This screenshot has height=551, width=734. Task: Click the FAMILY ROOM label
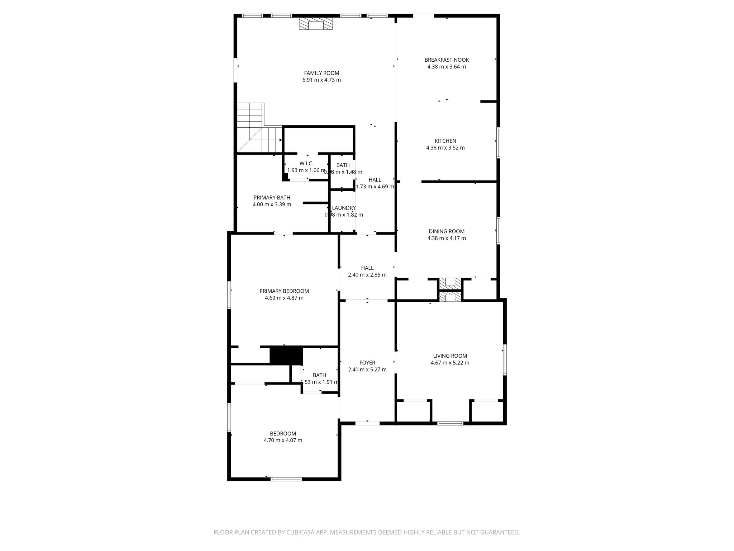(321, 73)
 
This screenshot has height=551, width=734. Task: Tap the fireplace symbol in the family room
(316, 24)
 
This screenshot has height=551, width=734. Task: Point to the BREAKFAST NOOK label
(447, 60)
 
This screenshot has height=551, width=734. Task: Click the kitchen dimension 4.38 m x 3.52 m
(445, 148)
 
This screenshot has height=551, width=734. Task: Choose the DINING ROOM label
(447, 231)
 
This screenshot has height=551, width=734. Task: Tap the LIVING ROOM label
(450, 356)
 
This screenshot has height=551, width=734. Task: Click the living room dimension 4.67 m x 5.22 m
(450, 363)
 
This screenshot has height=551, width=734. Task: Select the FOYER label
(367, 363)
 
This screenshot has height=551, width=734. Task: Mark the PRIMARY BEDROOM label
(284, 291)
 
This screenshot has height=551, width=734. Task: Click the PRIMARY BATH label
(272, 198)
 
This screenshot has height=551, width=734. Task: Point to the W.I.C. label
(306, 164)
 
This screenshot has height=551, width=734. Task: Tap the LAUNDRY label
(343, 208)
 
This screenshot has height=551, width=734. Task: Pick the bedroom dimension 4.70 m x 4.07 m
(283, 440)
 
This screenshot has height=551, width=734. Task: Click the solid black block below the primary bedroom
(286, 355)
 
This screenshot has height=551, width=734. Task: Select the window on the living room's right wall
(505, 359)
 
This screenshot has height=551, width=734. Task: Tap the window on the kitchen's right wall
(498, 142)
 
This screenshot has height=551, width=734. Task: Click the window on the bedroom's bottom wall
(286, 479)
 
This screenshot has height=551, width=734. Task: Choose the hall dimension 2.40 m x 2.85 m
(367, 275)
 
